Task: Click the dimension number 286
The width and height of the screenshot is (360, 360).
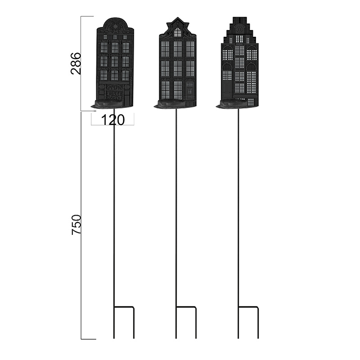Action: [x=76, y=63]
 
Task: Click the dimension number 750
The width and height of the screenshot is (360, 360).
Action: [x=76, y=224]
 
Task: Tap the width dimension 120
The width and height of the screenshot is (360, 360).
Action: [x=113, y=120]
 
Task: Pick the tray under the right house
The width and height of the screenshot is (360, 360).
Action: [x=234, y=104]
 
